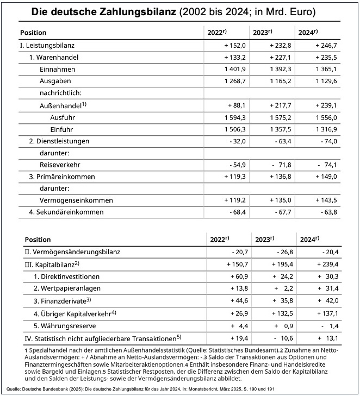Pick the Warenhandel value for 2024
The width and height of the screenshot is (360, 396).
(x=326, y=57)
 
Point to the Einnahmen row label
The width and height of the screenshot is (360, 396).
(x=57, y=70)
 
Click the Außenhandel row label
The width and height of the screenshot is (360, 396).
(x=61, y=105)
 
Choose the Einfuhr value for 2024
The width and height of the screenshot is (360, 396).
(x=326, y=129)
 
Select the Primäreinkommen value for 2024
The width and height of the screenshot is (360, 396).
(x=326, y=177)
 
